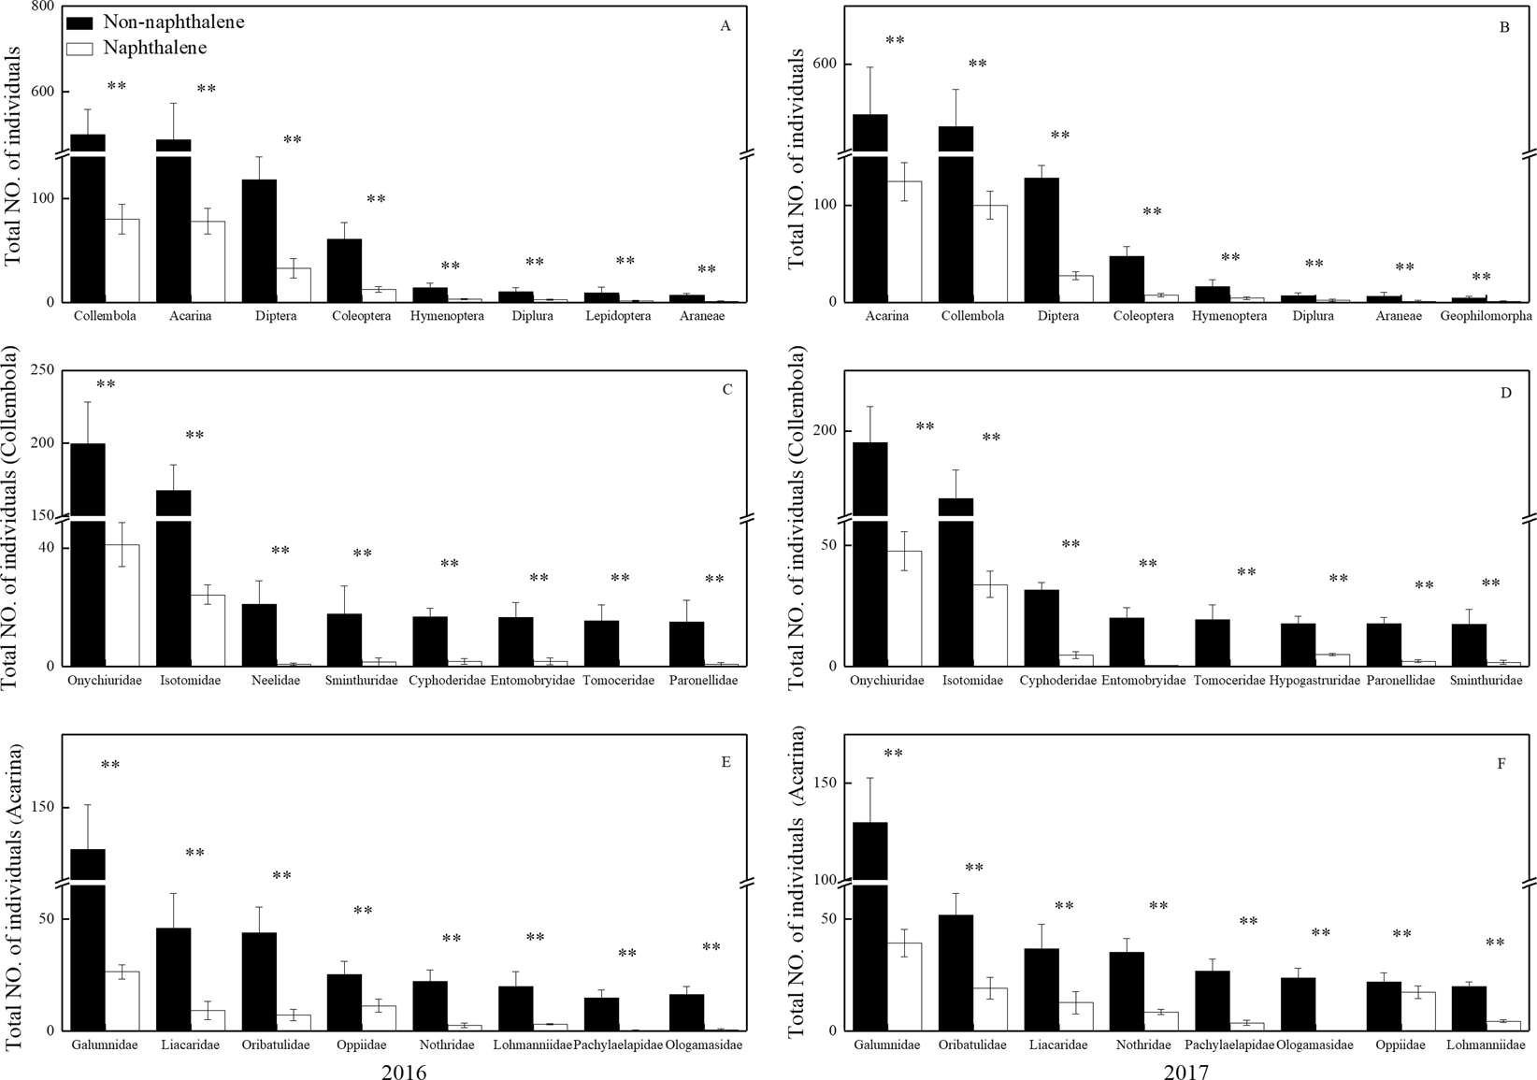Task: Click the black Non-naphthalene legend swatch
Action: [x=81, y=22]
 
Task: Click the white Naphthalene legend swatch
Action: [x=81, y=48]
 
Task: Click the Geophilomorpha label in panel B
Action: [x=1486, y=316]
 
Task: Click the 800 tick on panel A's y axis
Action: [x=42, y=6]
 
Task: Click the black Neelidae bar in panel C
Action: [x=259, y=635]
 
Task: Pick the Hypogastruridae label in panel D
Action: [x=1314, y=681]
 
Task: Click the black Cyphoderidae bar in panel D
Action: [x=1041, y=627]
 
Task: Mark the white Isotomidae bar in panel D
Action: [x=990, y=625]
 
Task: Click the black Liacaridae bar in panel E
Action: [x=174, y=978]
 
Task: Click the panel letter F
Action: [x=1501, y=763]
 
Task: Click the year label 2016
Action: [x=404, y=1072]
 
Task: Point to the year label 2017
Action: [x=1186, y=1072]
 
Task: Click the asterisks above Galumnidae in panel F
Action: [x=893, y=754]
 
